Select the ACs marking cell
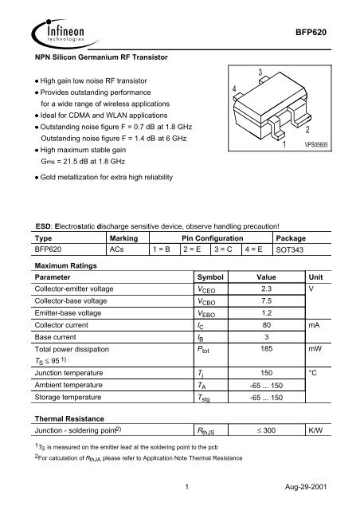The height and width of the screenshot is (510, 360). pos(117,249)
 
